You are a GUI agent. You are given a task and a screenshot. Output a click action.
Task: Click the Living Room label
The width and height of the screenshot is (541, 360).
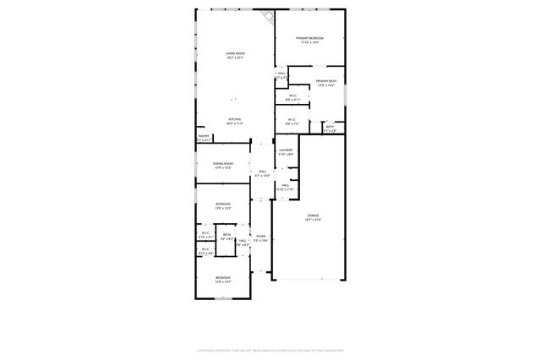tap(234, 54)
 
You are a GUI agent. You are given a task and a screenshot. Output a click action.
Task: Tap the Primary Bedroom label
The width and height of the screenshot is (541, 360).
tap(310, 38)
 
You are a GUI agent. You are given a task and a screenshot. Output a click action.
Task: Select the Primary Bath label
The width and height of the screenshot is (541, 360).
tap(325, 81)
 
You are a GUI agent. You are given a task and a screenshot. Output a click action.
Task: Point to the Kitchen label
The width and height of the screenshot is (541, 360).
tap(234, 119)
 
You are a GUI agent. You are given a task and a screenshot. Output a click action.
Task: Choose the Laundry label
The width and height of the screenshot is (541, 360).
tap(286, 150)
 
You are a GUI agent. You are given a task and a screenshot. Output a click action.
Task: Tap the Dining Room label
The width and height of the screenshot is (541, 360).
tap(223, 163)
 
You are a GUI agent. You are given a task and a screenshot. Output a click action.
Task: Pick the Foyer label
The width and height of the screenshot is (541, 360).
tap(261, 236)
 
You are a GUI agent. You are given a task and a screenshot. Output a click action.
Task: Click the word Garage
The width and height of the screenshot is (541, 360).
tap(313, 216)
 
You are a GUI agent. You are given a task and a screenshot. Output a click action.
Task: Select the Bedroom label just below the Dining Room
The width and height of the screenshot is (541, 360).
tap(223, 204)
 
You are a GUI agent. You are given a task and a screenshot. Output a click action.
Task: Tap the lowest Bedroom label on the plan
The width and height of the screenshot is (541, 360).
tap(222, 277)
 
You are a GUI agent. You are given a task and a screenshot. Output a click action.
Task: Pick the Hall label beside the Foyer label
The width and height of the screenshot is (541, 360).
tap(242, 241)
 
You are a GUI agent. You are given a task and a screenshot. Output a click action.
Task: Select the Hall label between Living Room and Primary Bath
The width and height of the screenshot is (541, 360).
tap(281, 73)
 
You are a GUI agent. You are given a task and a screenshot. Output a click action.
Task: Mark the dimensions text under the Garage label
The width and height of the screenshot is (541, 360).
tap(313, 221)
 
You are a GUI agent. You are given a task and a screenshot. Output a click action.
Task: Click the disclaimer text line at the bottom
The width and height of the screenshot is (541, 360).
tap(270, 348)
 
